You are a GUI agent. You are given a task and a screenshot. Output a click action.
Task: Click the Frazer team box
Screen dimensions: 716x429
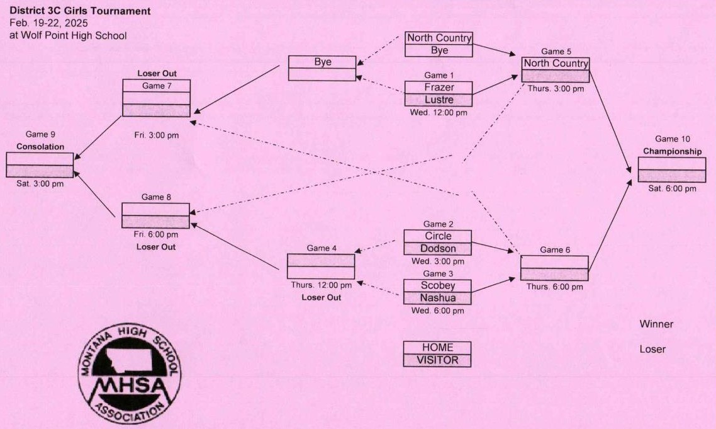point(439,88)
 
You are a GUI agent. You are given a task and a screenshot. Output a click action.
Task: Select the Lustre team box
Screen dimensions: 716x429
point(439,100)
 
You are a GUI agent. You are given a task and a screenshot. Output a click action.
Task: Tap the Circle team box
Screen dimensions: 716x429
point(437,236)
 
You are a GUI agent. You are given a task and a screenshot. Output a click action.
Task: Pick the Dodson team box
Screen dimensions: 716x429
point(437,248)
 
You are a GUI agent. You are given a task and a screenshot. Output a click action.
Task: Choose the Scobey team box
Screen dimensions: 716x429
point(437,286)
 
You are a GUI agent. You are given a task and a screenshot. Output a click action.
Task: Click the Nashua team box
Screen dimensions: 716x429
point(437,298)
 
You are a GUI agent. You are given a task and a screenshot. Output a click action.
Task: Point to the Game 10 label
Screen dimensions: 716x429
point(672,139)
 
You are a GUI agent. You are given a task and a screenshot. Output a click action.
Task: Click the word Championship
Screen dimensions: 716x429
point(672,151)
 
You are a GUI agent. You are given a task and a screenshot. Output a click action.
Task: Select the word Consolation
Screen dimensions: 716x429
point(40,147)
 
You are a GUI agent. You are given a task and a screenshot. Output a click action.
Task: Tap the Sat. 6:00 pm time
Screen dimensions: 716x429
point(672,188)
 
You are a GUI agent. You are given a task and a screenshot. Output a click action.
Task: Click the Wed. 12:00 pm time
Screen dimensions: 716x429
point(439,113)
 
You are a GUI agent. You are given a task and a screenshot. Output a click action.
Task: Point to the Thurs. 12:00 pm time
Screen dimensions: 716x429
point(322,285)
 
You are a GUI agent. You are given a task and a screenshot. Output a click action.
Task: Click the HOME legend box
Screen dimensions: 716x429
point(437,348)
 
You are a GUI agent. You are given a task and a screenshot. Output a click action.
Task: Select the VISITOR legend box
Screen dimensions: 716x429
point(437,360)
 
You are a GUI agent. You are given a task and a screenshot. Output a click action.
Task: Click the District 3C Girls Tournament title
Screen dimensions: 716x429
point(80,11)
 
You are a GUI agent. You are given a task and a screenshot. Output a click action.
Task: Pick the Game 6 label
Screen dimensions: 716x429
point(555,249)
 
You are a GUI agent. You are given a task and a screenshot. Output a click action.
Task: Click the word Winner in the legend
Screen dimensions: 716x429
point(656,324)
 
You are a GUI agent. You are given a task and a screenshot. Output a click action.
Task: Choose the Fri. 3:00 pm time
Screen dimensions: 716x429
point(157,135)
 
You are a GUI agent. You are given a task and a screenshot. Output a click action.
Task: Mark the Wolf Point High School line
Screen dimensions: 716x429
point(68,36)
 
